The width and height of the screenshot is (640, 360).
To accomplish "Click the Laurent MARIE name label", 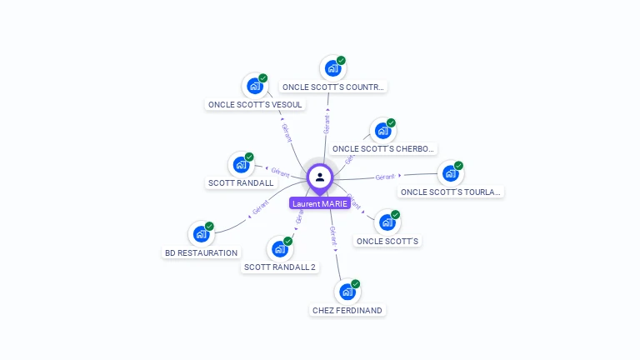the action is pyautogui.click(x=320, y=203).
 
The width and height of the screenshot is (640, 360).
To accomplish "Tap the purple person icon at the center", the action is pyautogui.click(x=320, y=177).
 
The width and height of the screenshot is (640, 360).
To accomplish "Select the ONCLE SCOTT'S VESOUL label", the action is pyautogui.click(x=255, y=105).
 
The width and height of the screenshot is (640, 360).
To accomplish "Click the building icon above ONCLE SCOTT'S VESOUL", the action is pyautogui.click(x=254, y=85).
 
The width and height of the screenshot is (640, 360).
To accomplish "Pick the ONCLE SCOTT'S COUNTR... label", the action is pyautogui.click(x=333, y=87).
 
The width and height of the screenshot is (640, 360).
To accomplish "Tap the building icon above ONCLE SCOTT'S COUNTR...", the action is pyautogui.click(x=332, y=67).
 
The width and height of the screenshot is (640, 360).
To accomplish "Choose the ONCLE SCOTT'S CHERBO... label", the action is pyautogui.click(x=383, y=149).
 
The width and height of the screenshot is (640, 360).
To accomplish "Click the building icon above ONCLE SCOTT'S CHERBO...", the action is pyautogui.click(x=382, y=130).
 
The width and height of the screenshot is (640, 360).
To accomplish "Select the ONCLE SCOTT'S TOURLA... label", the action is pyautogui.click(x=451, y=192).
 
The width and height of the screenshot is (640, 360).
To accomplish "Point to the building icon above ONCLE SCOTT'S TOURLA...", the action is pyautogui.click(x=450, y=173).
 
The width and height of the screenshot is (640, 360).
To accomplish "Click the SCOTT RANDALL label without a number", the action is pyautogui.click(x=240, y=183).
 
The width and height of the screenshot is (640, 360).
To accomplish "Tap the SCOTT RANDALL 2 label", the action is pyautogui.click(x=280, y=267).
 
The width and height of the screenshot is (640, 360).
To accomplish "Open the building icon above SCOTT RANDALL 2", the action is pyautogui.click(x=279, y=248).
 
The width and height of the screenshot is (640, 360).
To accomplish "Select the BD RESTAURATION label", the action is pyautogui.click(x=201, y=252).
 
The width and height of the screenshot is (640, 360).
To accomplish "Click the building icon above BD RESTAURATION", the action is pyautogui.click(x=201, y=233).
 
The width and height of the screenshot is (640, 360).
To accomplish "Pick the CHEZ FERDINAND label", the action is pyautogui.click(x=347, y=311).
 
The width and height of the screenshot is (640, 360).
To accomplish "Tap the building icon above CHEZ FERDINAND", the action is pyautogui.click(x=347, y=292).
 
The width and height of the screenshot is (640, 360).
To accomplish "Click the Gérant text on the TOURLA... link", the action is pyautogui.click(x=385, y=177).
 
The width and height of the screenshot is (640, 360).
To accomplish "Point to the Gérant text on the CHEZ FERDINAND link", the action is pyautogui.click(x=332, y=236).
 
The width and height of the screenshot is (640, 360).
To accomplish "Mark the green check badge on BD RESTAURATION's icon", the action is pyautogui.click(x=210, y=226).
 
